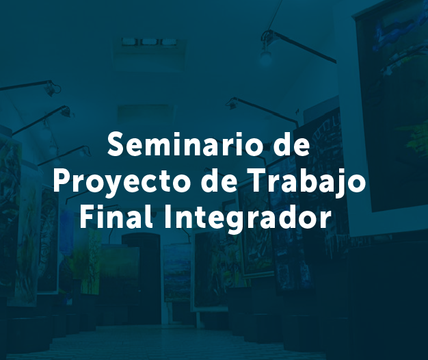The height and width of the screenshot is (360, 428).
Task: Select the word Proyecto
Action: [122, 181]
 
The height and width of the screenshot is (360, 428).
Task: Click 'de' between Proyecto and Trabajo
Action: [218, 181]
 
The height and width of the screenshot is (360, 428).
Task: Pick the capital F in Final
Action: [88, 217]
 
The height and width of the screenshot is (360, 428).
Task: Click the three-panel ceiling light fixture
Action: [150, 42]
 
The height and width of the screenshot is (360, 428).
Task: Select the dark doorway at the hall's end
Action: [142, 279]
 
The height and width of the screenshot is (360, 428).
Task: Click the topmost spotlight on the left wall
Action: [51, 89]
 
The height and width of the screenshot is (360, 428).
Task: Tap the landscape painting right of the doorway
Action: [177, 272]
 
